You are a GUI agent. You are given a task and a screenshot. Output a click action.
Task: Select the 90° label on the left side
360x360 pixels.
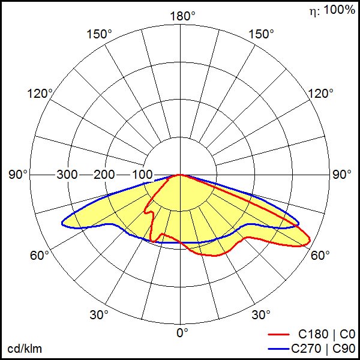pos(19,175)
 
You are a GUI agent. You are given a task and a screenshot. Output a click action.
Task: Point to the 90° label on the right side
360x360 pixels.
pos(341,175)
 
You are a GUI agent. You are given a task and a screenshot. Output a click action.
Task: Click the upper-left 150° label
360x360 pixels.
pos(100,34)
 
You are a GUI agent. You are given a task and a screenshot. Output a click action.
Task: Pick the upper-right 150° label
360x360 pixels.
pos(261,34)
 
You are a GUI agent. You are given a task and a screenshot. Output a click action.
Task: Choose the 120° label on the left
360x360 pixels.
pos(40,94)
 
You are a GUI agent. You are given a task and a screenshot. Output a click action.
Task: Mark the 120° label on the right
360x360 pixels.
pos(321,94)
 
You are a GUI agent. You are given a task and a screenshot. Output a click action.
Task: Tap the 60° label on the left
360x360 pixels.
pos(40,256)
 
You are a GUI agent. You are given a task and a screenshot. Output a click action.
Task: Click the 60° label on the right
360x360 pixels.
pos(320,256)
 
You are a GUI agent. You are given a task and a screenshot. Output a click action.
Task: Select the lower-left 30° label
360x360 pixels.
pos(100,314)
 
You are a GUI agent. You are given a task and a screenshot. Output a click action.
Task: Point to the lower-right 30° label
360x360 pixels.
pos(260,314)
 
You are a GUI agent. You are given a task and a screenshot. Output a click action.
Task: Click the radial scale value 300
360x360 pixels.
pos(67,175)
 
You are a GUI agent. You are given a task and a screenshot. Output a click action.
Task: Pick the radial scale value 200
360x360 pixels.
pos(104,175)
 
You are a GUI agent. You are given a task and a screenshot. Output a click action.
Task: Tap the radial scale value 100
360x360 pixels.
pos(142,175)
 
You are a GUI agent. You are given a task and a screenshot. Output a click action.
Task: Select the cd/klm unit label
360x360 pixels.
pos(25,349)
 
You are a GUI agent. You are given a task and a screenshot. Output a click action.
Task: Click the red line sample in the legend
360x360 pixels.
pos(281,334)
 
